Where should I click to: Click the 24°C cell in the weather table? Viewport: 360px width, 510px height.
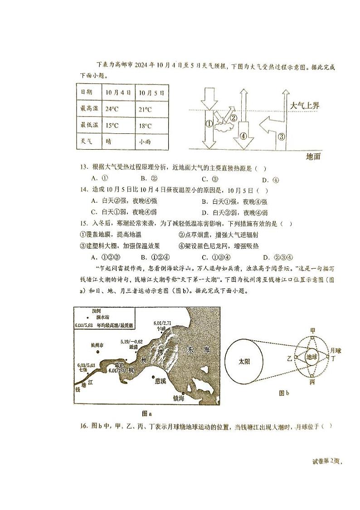click(x=112, y=109)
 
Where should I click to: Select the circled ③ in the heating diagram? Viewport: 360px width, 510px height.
click(x=281, y=136)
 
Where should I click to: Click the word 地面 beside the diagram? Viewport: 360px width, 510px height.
click(x=313, y=157)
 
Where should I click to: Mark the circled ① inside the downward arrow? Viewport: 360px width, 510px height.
click(x=209, y=123)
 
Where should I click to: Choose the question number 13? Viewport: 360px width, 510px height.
click(x=83, y=168)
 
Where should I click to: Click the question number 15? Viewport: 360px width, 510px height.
click(x=83, y=223)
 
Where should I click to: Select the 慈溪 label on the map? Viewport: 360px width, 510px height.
click(x=161, y=381)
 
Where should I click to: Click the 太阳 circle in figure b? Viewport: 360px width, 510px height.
click(x=244, y=362)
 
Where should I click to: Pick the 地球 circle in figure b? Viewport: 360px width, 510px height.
click(x=312, y=357)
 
